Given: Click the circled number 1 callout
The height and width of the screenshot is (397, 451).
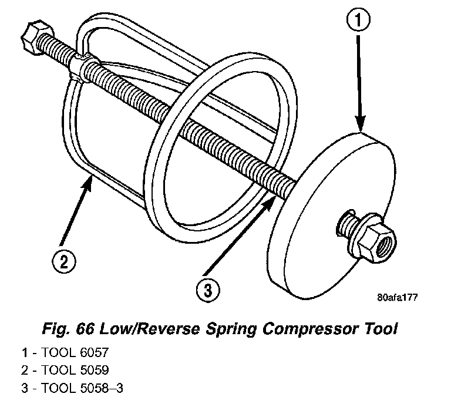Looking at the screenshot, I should pyautogui.click(x=360, y=22).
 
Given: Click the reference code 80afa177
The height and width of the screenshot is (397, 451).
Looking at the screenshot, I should pyautogui.click(x=397, y=298).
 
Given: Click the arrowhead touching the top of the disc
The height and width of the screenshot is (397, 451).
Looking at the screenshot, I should pyautogui.click(x=361, y=123).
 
